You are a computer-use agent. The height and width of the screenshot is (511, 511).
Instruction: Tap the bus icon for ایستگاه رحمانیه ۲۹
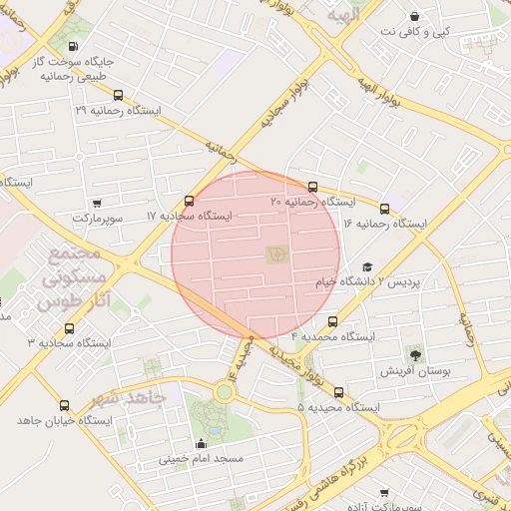119,96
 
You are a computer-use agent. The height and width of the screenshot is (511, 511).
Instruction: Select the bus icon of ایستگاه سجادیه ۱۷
190,201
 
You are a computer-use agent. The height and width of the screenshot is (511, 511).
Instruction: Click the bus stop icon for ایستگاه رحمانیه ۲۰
312,187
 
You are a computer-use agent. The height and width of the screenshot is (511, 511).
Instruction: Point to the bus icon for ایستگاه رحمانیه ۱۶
386,209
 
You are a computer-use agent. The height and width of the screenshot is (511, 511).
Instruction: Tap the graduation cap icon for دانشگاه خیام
367,267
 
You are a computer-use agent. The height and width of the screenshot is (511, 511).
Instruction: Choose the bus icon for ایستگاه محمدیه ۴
332,321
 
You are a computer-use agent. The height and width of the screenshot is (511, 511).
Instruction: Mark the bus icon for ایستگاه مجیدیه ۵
339,392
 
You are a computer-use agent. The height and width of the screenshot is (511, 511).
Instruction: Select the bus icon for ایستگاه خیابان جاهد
65,405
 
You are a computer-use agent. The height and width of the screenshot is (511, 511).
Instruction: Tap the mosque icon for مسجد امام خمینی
202,444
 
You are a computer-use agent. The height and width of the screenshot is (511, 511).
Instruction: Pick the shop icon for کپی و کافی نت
414,16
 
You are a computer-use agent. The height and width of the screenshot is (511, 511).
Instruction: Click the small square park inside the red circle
275,254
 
